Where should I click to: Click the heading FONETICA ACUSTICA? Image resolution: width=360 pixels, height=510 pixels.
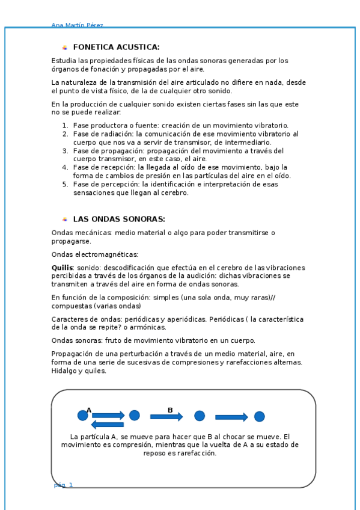pos(116,47)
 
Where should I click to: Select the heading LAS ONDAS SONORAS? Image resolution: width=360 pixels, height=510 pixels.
pos(119,219)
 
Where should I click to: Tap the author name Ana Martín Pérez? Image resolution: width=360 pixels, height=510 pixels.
pos(78,25)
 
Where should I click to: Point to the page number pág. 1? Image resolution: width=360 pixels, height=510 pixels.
pos(63,485)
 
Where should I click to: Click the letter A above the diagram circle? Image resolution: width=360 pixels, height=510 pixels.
pos(89,410)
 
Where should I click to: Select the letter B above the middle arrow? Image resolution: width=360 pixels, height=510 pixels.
pos(170,410)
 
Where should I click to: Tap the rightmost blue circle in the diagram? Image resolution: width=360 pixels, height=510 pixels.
pos(259,416)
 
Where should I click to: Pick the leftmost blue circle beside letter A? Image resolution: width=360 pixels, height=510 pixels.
pos(83,416)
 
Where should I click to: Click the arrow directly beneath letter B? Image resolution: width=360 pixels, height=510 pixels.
pos(166,417)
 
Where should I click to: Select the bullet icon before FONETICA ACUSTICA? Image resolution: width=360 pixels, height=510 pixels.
pos(64,48)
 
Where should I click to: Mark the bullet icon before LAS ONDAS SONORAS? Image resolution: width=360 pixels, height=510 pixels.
pos(64,220)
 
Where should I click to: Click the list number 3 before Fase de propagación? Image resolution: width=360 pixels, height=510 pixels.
pos(65,151)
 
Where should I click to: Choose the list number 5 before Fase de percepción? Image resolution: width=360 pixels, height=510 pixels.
pos(65,185)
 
